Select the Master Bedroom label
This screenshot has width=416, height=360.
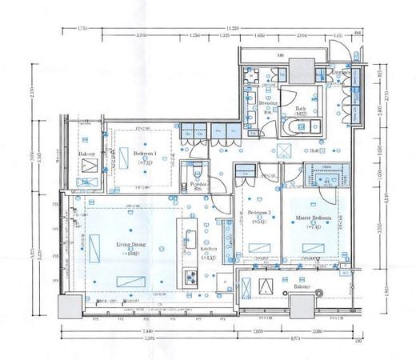coord(311,218)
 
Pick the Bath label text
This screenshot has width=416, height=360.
coord(301,110)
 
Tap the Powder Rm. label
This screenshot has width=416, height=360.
coord(200,186)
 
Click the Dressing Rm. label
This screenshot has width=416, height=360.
coord(267,105)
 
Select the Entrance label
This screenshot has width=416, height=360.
coord(329,73)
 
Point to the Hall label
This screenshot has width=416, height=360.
coord(316,150)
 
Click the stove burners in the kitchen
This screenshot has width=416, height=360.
coord(192,278)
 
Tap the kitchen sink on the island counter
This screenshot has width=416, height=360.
coord(192,239)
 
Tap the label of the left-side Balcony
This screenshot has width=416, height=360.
coord(87,152)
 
